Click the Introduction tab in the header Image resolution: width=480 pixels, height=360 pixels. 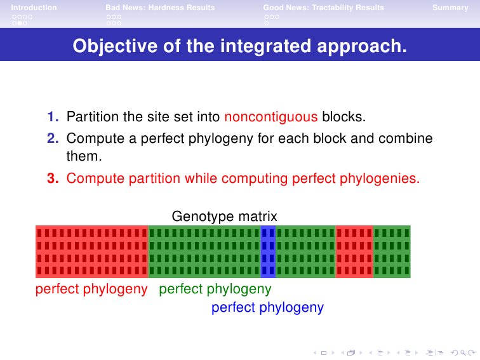[34, 8]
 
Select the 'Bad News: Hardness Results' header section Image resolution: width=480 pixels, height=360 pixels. [160, 8]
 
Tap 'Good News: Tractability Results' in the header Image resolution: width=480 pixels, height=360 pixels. [324, 8]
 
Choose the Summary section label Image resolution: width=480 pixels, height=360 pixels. [450, 8]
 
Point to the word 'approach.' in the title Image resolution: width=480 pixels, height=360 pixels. [362, 46]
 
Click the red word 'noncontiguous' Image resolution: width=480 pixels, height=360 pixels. [271, 117]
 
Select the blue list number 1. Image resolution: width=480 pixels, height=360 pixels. [53, 117]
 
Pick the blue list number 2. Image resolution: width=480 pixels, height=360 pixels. [53, 138]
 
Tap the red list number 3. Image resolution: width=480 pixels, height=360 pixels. [53, 178]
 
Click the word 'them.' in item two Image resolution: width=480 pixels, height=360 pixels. [84, 156]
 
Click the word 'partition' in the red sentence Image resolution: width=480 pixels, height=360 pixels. [154, 178]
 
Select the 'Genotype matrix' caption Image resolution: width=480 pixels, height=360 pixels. [224, 217]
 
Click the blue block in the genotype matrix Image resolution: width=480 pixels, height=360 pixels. [268, 251]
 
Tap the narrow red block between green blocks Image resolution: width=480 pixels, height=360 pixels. [354, 251]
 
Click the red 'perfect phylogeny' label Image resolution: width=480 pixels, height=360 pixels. [91, 289]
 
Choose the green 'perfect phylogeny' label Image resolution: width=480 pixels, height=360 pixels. [215, 289]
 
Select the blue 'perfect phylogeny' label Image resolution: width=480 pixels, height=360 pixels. [267, 307]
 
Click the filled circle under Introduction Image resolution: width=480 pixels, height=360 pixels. [20, 23]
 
